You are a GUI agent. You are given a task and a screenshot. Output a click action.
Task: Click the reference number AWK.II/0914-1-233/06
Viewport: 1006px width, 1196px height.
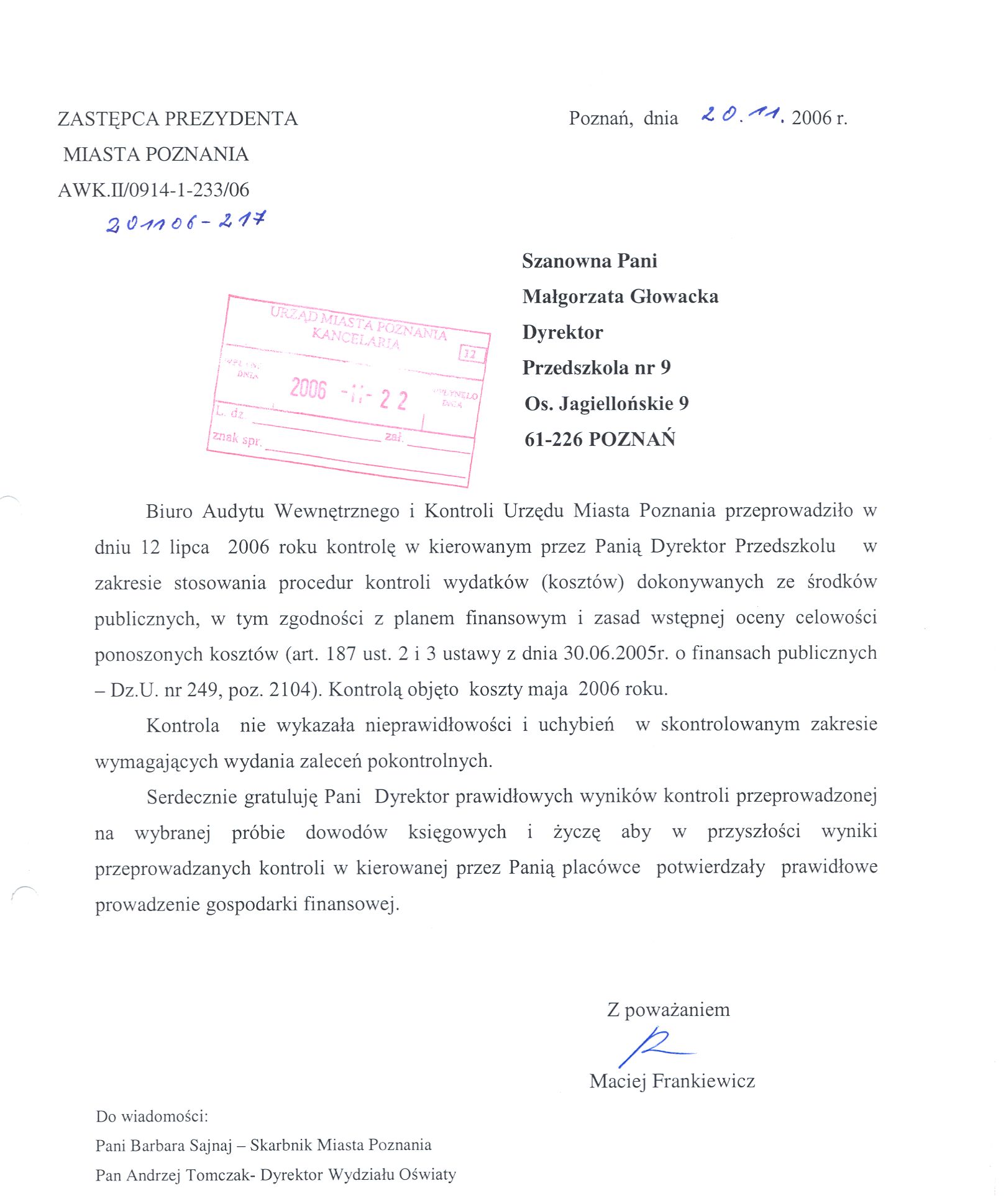point(153,190)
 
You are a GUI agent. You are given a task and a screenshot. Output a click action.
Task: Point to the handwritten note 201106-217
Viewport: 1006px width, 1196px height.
point(186,222)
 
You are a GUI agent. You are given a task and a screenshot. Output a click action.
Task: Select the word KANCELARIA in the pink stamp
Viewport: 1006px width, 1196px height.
point(355,339)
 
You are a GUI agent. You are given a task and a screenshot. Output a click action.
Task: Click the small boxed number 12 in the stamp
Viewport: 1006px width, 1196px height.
point(470,355)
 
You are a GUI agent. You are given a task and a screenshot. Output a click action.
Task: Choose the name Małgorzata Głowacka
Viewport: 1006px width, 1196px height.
point(620,297)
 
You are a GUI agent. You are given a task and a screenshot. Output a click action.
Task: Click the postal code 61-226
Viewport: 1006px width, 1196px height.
point(554,440)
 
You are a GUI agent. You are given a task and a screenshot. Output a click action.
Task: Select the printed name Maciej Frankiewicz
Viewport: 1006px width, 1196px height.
point(672,1081)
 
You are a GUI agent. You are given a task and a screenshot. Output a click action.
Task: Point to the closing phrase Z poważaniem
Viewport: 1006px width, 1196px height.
point(668,1010)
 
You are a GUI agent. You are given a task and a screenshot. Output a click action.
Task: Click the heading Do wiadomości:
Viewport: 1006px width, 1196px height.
point(152,1117)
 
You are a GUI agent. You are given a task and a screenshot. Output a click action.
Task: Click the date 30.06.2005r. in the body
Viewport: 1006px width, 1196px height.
point(616,653)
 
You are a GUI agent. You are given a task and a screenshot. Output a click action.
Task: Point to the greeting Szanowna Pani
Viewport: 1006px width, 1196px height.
point(589,261)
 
